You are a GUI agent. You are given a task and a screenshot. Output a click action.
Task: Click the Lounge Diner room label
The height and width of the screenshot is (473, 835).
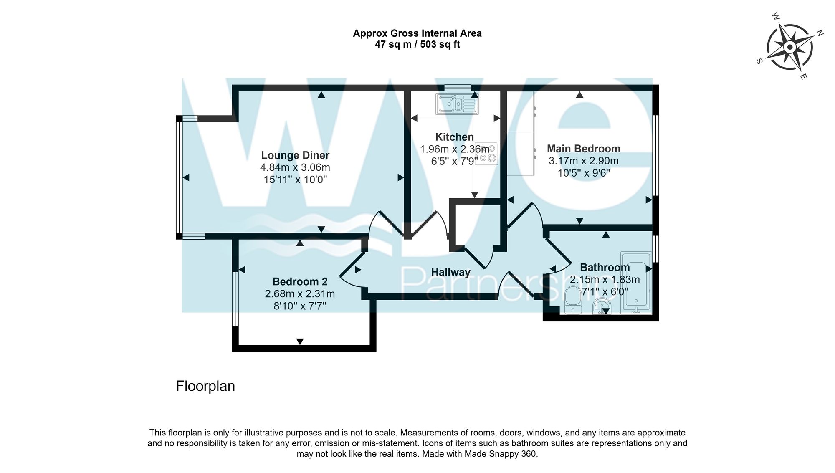(295, 155)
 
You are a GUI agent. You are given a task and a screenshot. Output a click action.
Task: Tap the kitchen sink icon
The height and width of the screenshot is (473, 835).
(456, 104)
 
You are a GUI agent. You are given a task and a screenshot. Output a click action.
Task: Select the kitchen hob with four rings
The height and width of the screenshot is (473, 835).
(487, 153)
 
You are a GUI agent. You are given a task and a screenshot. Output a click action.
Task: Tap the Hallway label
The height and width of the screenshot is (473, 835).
(450, 272)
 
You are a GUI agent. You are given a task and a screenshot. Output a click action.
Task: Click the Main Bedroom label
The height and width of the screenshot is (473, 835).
(583, 149)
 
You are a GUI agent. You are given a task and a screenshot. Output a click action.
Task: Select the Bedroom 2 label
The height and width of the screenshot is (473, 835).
(300, 281)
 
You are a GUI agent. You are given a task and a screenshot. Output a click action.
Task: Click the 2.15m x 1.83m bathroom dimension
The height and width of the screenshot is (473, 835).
(605, 279)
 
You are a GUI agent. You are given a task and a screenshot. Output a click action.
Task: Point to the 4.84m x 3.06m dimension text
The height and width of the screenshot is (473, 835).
(295, 167)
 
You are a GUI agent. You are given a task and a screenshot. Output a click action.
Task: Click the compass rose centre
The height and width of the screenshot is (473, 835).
(789, 47)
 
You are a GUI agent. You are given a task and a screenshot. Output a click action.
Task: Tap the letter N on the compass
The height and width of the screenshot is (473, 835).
(820, 33)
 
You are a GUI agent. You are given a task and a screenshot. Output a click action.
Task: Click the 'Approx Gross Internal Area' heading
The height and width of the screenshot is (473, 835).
(417, 33)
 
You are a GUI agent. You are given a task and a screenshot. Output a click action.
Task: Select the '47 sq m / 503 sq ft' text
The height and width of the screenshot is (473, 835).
(417, 45)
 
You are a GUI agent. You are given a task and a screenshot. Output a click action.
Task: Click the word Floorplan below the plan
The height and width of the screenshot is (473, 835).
(205, 386)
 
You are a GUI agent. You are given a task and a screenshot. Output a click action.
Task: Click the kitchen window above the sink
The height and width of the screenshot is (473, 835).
(458, 88)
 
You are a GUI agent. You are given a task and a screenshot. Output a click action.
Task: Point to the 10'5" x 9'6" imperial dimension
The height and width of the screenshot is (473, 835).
(583, 173)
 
